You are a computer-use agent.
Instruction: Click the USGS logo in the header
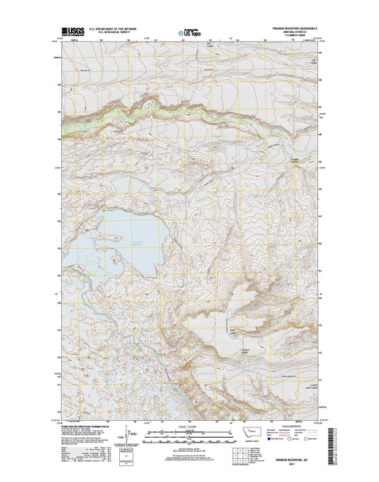tap(72, 33)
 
